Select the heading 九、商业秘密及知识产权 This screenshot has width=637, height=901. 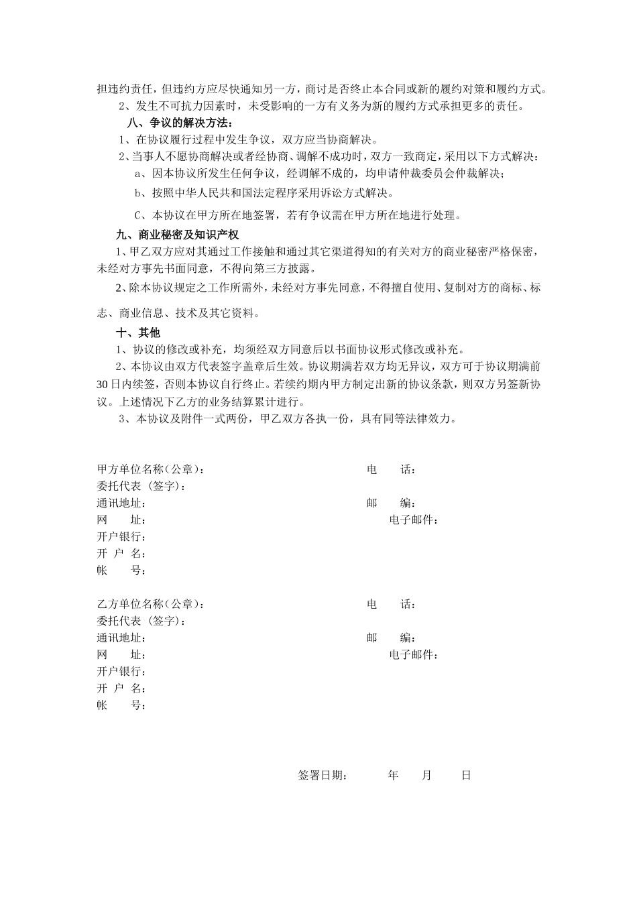click(x=178, y=235)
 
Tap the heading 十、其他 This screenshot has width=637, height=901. click(x=138, y=333)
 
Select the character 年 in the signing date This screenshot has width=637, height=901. click(x=393, y=776)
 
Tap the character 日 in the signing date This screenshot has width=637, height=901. click(x=466, y=776)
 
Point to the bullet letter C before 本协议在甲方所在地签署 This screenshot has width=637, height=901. click(x=139, y=216)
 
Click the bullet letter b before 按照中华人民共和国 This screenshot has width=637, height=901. click(x=138, y=194)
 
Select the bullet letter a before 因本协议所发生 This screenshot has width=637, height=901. click(x=138, y=174)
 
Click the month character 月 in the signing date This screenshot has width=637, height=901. click(x=427, y=776)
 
